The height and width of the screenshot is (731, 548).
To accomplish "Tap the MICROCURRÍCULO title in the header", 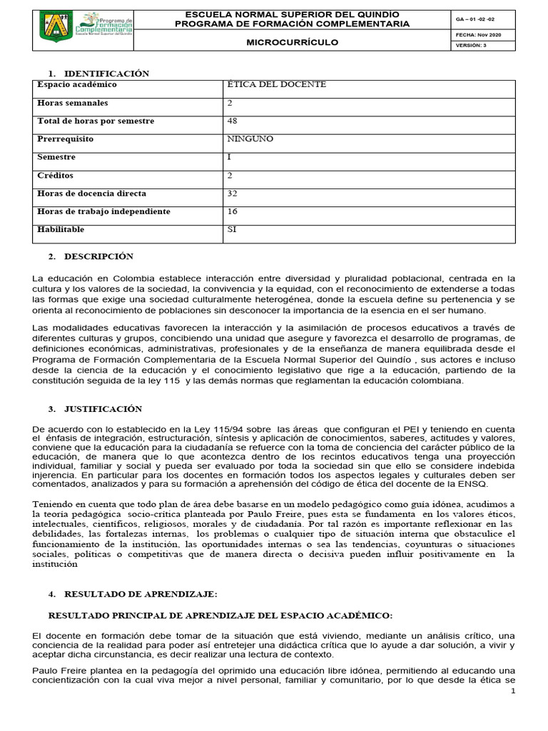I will [x=293, y=42].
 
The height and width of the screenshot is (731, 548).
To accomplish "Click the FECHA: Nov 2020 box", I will [x=475, y=34].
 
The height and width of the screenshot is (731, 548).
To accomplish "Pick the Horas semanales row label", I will [x=73, y=104].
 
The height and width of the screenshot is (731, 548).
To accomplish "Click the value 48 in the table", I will [x=232, y=121].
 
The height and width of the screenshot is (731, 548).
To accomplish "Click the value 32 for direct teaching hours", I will [x=232, y=193].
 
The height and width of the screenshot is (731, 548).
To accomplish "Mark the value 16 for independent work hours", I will [x=232, y=211].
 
